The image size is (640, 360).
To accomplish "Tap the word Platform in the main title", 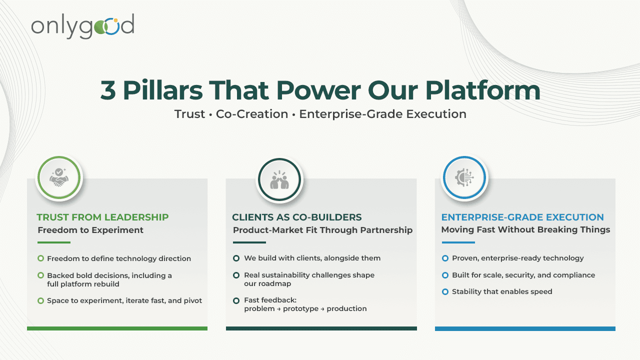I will pos(483,90).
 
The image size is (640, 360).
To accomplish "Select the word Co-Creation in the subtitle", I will pos(252,114).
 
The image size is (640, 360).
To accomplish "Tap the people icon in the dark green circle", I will pos(279,180).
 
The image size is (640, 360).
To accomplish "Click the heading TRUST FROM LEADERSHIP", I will pos(102,217).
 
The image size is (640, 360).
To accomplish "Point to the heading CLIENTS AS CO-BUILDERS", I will pos(297,217).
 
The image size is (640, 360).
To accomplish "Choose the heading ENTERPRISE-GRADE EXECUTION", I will pos(522,217).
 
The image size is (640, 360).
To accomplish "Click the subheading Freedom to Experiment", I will pos(90,230).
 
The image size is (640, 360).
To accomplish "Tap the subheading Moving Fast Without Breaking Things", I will pos(525,230).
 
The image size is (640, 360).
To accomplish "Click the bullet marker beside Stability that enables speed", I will pos(445,291).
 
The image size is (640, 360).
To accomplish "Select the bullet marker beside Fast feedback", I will pos(236,300).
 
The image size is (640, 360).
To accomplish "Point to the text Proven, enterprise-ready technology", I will pos(517,258).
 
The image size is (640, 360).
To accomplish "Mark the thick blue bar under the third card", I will pos(525,328).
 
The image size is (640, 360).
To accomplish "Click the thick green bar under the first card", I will pos(117,328).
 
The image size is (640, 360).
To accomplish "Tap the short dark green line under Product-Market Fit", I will pos(249,242).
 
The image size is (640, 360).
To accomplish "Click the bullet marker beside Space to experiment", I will pos(40,300).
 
